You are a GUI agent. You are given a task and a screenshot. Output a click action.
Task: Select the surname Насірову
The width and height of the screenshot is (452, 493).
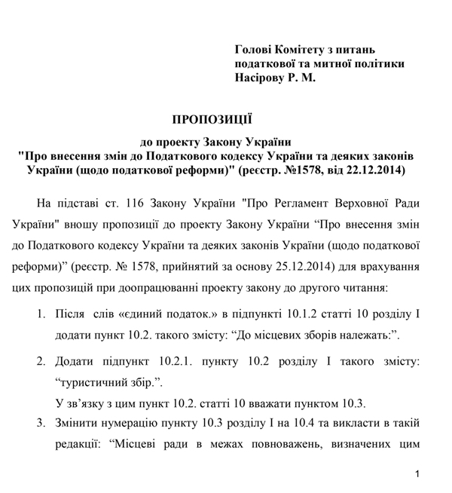pyautogui.click(x=261, y=78)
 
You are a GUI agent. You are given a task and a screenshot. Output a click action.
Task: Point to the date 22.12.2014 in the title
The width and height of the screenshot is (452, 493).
pyautogui.click(x=372, y=171)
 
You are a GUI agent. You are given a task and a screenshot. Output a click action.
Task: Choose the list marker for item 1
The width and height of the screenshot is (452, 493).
pyautogui.click(x=43, y=313)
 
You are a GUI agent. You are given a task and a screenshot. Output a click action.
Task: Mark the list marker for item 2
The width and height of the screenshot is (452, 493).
pyautogui.click(x=43, y=361)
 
